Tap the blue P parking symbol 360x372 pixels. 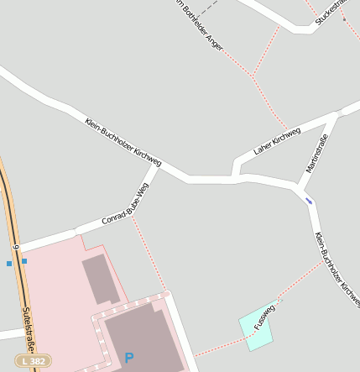tap(129, 358)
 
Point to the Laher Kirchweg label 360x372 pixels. tap(276, 142)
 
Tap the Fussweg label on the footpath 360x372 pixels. tap(264, 316)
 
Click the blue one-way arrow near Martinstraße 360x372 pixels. tap(309, 200)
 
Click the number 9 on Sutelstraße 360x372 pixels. tap(16, 248)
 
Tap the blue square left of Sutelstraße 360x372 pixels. tap(9, 264)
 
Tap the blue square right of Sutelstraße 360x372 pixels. tap(24, 261)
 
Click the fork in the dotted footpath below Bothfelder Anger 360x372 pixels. tap(252, 76)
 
